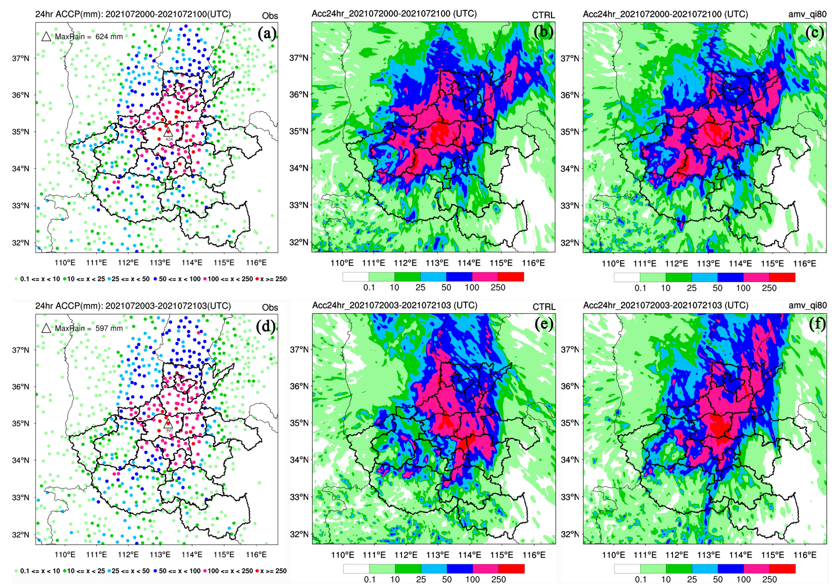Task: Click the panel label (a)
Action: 267,34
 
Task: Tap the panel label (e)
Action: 544,324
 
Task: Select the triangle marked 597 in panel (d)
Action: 167,424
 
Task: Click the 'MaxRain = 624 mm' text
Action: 89,37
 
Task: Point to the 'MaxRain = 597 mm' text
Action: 89,329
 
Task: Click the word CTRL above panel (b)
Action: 543,15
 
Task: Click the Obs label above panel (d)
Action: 270,307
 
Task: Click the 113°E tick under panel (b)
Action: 437,263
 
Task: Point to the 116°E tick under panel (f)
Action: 805,555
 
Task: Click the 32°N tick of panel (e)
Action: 299,534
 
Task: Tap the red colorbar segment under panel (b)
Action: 510,277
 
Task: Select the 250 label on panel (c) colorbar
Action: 769,288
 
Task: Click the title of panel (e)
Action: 394,305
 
